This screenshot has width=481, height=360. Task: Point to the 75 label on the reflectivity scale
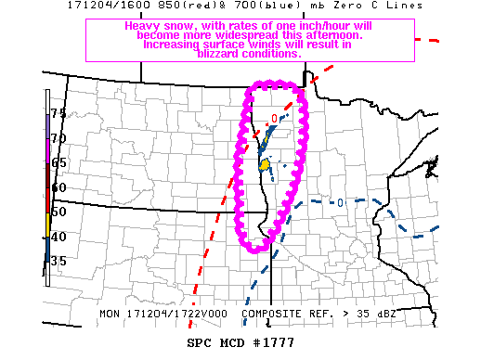point(58,113)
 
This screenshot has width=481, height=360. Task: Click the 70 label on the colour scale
point(58,138)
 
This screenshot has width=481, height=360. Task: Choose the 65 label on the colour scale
point(58,162)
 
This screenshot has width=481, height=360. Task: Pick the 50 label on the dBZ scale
point(58,212)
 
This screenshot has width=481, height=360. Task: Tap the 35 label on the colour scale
point(58,262)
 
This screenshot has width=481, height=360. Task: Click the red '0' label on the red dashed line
point(274,118)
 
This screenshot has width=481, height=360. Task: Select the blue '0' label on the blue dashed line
point(341,202)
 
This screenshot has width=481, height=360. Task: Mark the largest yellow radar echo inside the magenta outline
point(265,165)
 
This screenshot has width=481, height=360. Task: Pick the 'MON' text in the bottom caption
point(110,314)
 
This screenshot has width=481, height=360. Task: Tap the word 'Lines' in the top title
point(403,6)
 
